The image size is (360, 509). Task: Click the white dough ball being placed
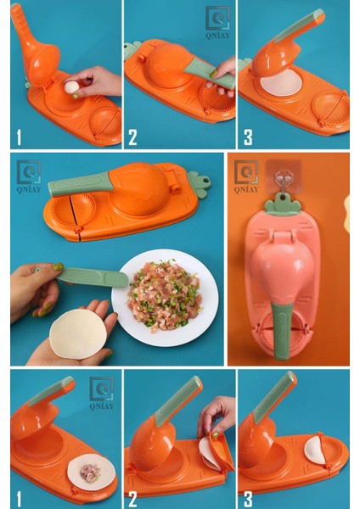point(72,87)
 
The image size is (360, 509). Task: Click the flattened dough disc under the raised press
point(281,83)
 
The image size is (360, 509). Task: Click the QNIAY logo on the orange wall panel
point(246,176)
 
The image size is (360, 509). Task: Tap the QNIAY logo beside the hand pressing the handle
point(217,23)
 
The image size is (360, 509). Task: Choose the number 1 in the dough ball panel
point(19,137)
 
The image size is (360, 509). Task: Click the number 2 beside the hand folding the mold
point(132,500)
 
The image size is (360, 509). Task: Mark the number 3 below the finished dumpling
point(248,500)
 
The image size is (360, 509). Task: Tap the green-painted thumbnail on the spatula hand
point(58,267)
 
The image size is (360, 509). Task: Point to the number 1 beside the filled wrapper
point(19,500)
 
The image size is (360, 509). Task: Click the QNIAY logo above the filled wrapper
point(101,393)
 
